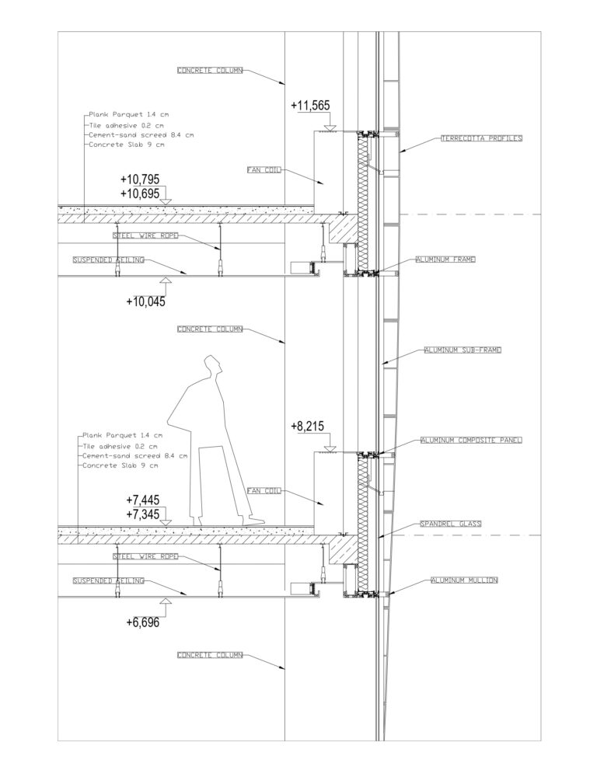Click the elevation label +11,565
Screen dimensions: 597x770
click(x=310, y=106)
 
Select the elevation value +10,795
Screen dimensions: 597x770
click(x=140, y=179)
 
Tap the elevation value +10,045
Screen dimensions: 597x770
click(x=146, y=301)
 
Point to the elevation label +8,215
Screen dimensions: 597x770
click(x=308, y=427)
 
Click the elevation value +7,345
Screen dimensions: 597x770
click(x=143, y=514)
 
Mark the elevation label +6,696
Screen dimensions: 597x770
click(x=143, y=622)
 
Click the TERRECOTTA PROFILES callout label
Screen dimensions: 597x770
click(x=481, y=138)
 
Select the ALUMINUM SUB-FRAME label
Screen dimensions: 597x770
click(x=463, y=350)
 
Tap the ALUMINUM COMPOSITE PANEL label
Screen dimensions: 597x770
click(x=472, y=441)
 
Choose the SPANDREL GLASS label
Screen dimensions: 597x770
click(x=451, y=524)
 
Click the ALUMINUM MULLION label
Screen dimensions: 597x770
click(x=464, y=580)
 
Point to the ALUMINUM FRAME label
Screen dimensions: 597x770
click(x=445, y=260)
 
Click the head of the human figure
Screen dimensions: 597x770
click(x=213, y=365)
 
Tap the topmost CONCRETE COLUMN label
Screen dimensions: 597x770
click(x=210, y=71)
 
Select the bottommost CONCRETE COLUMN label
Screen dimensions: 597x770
click(x=210, y=655)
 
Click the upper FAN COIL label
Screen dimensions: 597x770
click(x=264, y=170)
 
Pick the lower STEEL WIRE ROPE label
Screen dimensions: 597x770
click(x=145, y=557)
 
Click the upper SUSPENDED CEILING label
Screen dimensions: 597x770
click(x=109, y=260)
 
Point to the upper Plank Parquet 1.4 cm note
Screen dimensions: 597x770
click(x=129, y=114)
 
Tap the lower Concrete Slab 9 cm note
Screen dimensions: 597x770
click(x=120, y=465)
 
